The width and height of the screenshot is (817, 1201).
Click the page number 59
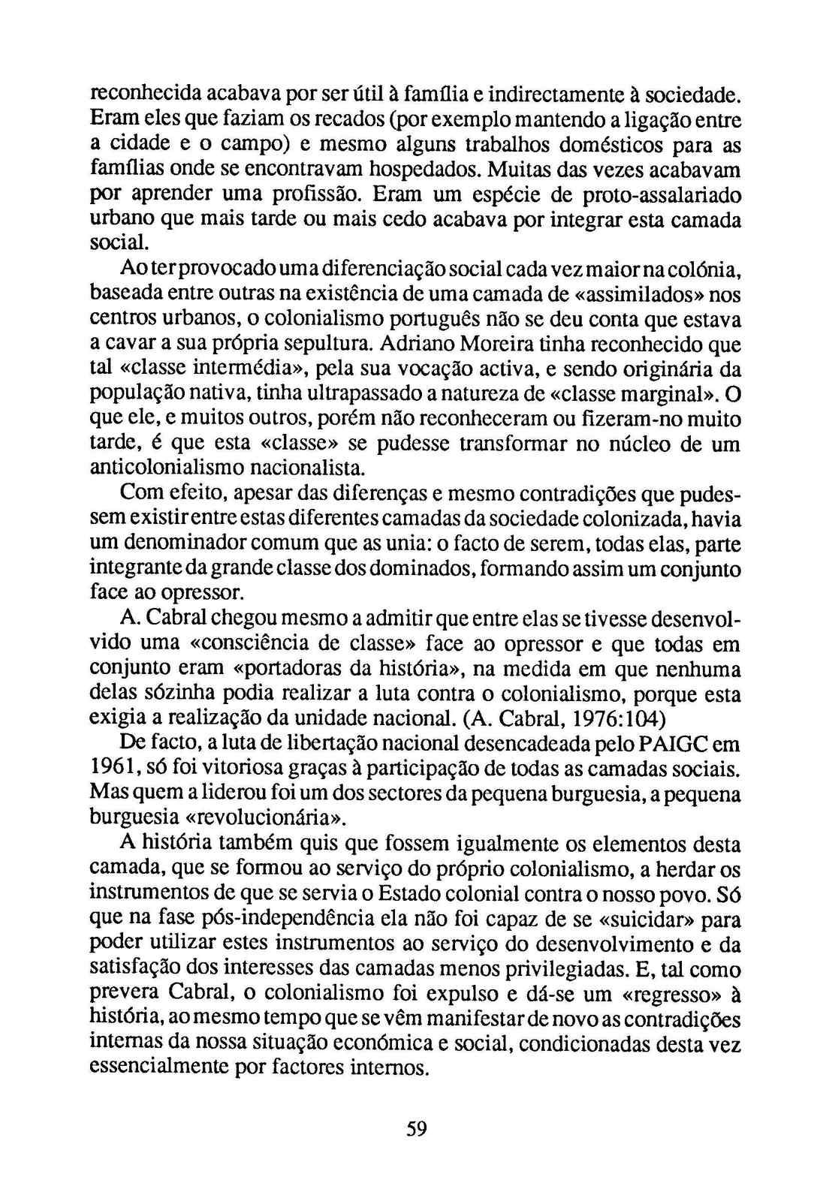tap(417, 1128)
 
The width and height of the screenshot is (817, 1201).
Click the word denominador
tap(187, 544)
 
